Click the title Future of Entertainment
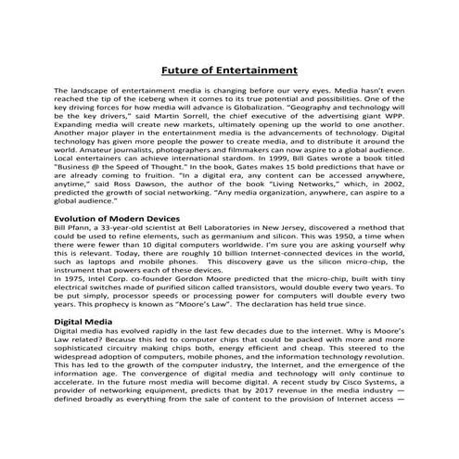tap(229, 70)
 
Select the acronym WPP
tap(391, 121)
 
